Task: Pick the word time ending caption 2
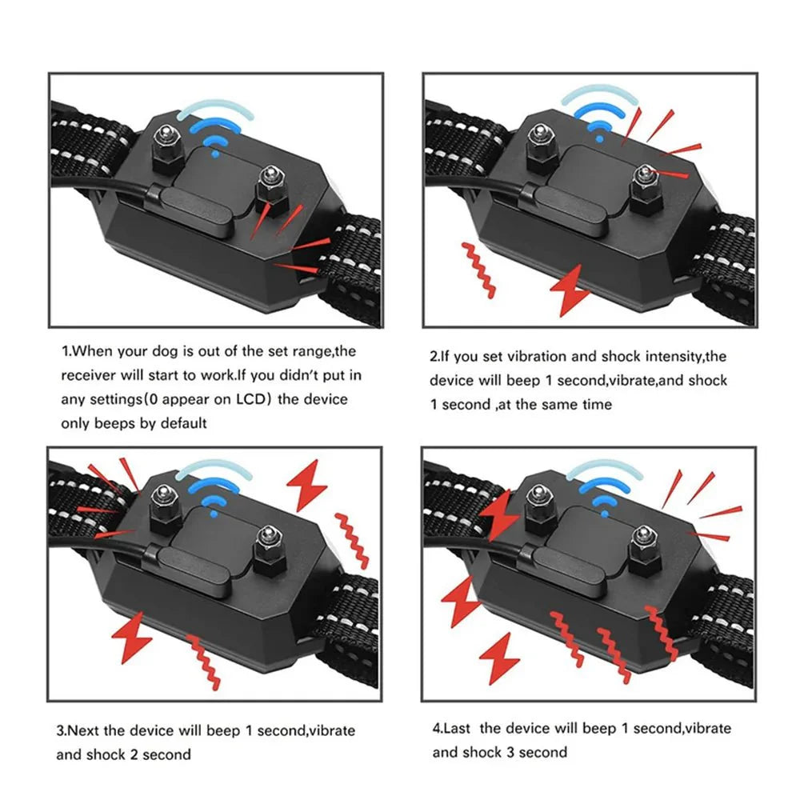coord(595,404)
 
